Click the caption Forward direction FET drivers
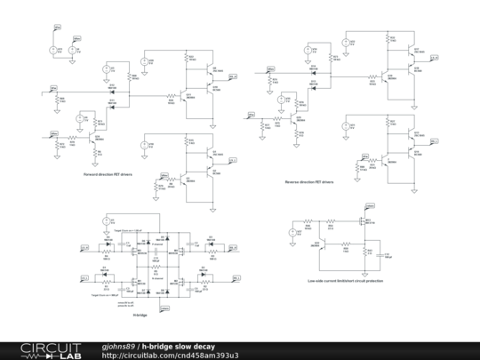[108, 174]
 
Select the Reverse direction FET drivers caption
[308, 180]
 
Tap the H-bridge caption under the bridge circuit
[140, 315]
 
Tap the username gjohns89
[119, 345]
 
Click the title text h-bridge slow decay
[179, 345]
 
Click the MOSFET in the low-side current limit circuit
[364, 222]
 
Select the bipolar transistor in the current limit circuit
[323, 242]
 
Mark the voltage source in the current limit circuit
[292, 233]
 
